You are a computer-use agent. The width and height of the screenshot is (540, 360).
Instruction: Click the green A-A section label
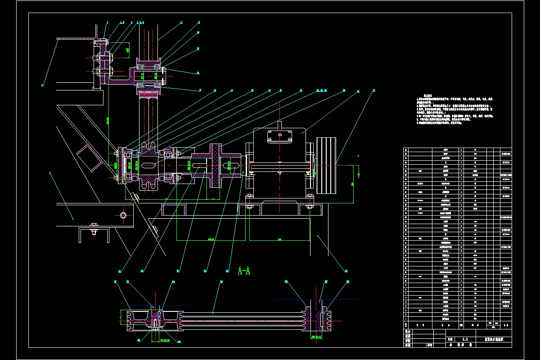tap(243, 271)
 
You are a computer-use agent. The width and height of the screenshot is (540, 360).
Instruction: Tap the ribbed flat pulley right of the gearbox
tap(327, 165)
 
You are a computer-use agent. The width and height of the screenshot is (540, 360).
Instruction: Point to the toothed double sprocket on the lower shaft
tap(149, 166)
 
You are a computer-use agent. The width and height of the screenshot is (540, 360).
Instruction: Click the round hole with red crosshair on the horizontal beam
tap(123, 216)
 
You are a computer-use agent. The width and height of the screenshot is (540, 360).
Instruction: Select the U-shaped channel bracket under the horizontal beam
tap(94, 234)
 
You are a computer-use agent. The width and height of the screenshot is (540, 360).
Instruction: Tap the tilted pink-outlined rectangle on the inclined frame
tap(89, 158)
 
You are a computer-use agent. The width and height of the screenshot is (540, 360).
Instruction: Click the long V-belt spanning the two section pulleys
tap(243, 317)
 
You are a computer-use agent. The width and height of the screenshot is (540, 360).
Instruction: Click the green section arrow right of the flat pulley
tap(358, 170)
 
